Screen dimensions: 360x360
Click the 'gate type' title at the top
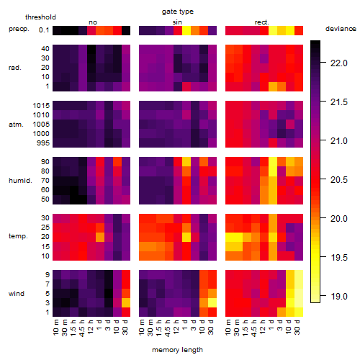point(178,12)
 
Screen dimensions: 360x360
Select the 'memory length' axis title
point(177,350)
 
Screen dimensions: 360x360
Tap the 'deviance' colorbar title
point(341,29)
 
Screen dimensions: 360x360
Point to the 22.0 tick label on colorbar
point(339,63)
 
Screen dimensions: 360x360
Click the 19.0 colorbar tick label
point(339,297)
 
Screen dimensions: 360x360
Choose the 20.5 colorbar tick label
point(339,180)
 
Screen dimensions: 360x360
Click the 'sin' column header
point(177,22)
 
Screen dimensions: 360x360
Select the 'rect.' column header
point(261,22)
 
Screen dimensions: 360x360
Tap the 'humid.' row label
point(20,181)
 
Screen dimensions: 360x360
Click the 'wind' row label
point(17,294)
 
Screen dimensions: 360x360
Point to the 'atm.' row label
point(16,125)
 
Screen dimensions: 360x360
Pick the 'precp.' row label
point(19,29)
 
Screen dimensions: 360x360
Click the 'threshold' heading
point(40,17)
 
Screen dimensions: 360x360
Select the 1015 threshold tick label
point(41,106)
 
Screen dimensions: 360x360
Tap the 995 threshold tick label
point(43,143)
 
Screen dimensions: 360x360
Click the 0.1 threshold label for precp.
point(44,30)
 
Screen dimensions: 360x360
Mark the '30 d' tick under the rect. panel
point(297,327)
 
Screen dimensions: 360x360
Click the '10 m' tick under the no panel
point(55,327)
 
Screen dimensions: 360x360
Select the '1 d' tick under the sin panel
point(185,325)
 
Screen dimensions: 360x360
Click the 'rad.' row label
point(15,68)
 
